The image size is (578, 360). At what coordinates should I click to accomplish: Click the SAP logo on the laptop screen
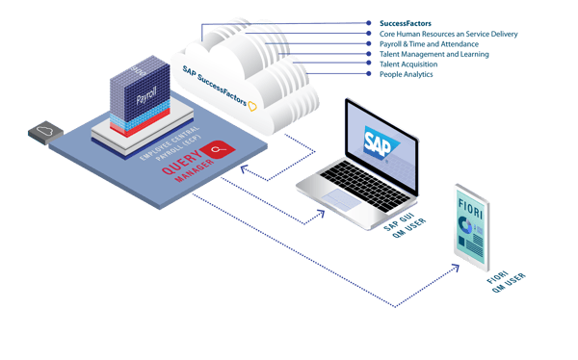(x=375, y=143)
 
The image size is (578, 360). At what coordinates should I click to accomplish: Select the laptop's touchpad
(x=342, y=198)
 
